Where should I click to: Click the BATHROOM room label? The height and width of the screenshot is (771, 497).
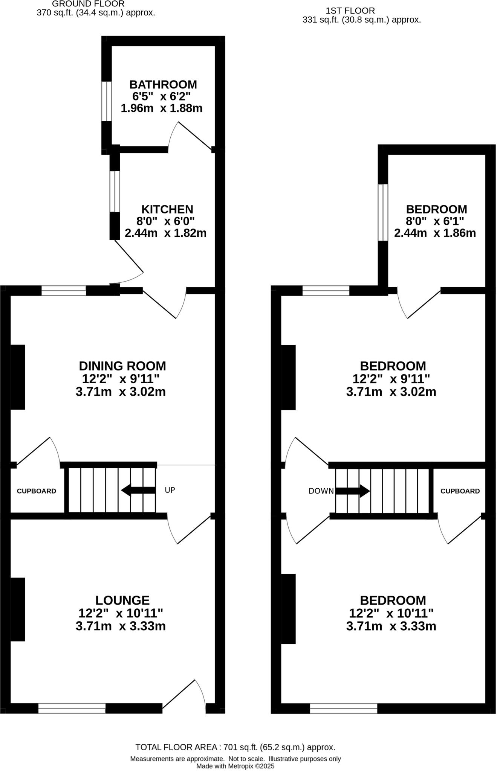163,84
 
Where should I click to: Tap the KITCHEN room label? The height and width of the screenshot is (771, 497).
167,209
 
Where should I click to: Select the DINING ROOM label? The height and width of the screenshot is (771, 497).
122,366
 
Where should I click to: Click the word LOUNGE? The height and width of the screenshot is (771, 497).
122,600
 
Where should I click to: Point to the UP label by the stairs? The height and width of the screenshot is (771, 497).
170,490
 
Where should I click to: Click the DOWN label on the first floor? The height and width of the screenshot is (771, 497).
321,491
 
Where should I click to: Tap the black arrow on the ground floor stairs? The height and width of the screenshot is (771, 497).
138,490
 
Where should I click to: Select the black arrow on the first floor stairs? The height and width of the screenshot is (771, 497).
353,491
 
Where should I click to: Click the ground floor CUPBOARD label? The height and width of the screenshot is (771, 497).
36,491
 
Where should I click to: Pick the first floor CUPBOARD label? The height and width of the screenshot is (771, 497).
460,491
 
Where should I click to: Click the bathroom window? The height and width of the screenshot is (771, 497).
107,101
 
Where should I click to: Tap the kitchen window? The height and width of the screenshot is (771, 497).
115,191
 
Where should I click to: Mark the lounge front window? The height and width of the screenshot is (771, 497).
72,708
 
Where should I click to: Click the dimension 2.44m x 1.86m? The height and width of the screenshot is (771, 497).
435,233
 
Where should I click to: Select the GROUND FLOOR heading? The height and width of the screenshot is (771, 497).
88,4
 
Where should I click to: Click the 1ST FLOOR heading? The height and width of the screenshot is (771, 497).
350,11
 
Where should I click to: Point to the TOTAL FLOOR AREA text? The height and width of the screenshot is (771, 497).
235,747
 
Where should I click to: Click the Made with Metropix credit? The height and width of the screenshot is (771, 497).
235,766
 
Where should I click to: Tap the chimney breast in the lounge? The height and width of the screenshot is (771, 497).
17,609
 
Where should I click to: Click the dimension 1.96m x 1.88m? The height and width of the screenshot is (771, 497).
161,108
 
